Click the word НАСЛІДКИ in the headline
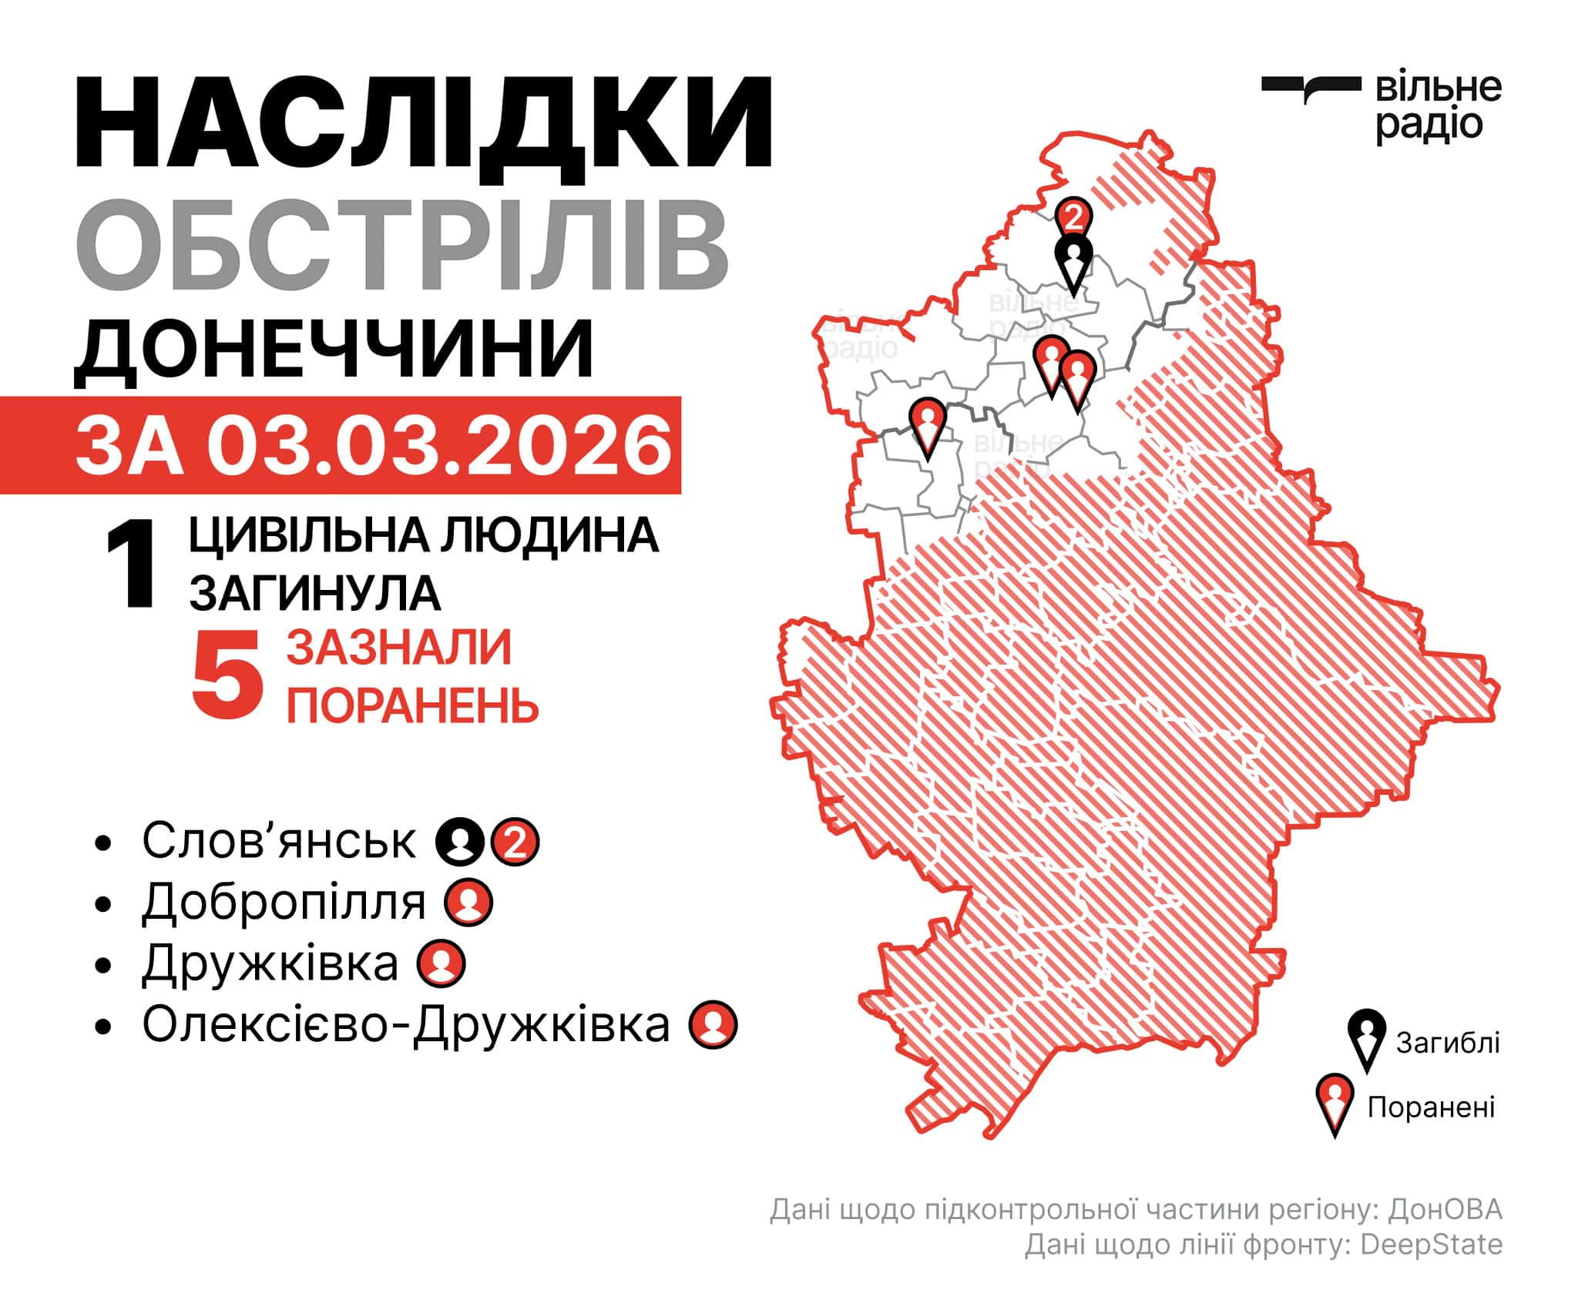click(423, 122)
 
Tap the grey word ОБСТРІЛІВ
click(401, 245)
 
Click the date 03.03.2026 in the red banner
click(439, 445)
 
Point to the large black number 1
click(131, 566)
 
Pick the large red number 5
click(227, 676)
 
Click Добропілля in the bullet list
click(284, 902)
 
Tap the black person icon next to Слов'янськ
click(460, 843)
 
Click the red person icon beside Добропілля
click(469, 903)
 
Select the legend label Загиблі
click(1448, 1043)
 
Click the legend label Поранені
click(1431, 1107)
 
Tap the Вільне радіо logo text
click(1438, 107)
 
